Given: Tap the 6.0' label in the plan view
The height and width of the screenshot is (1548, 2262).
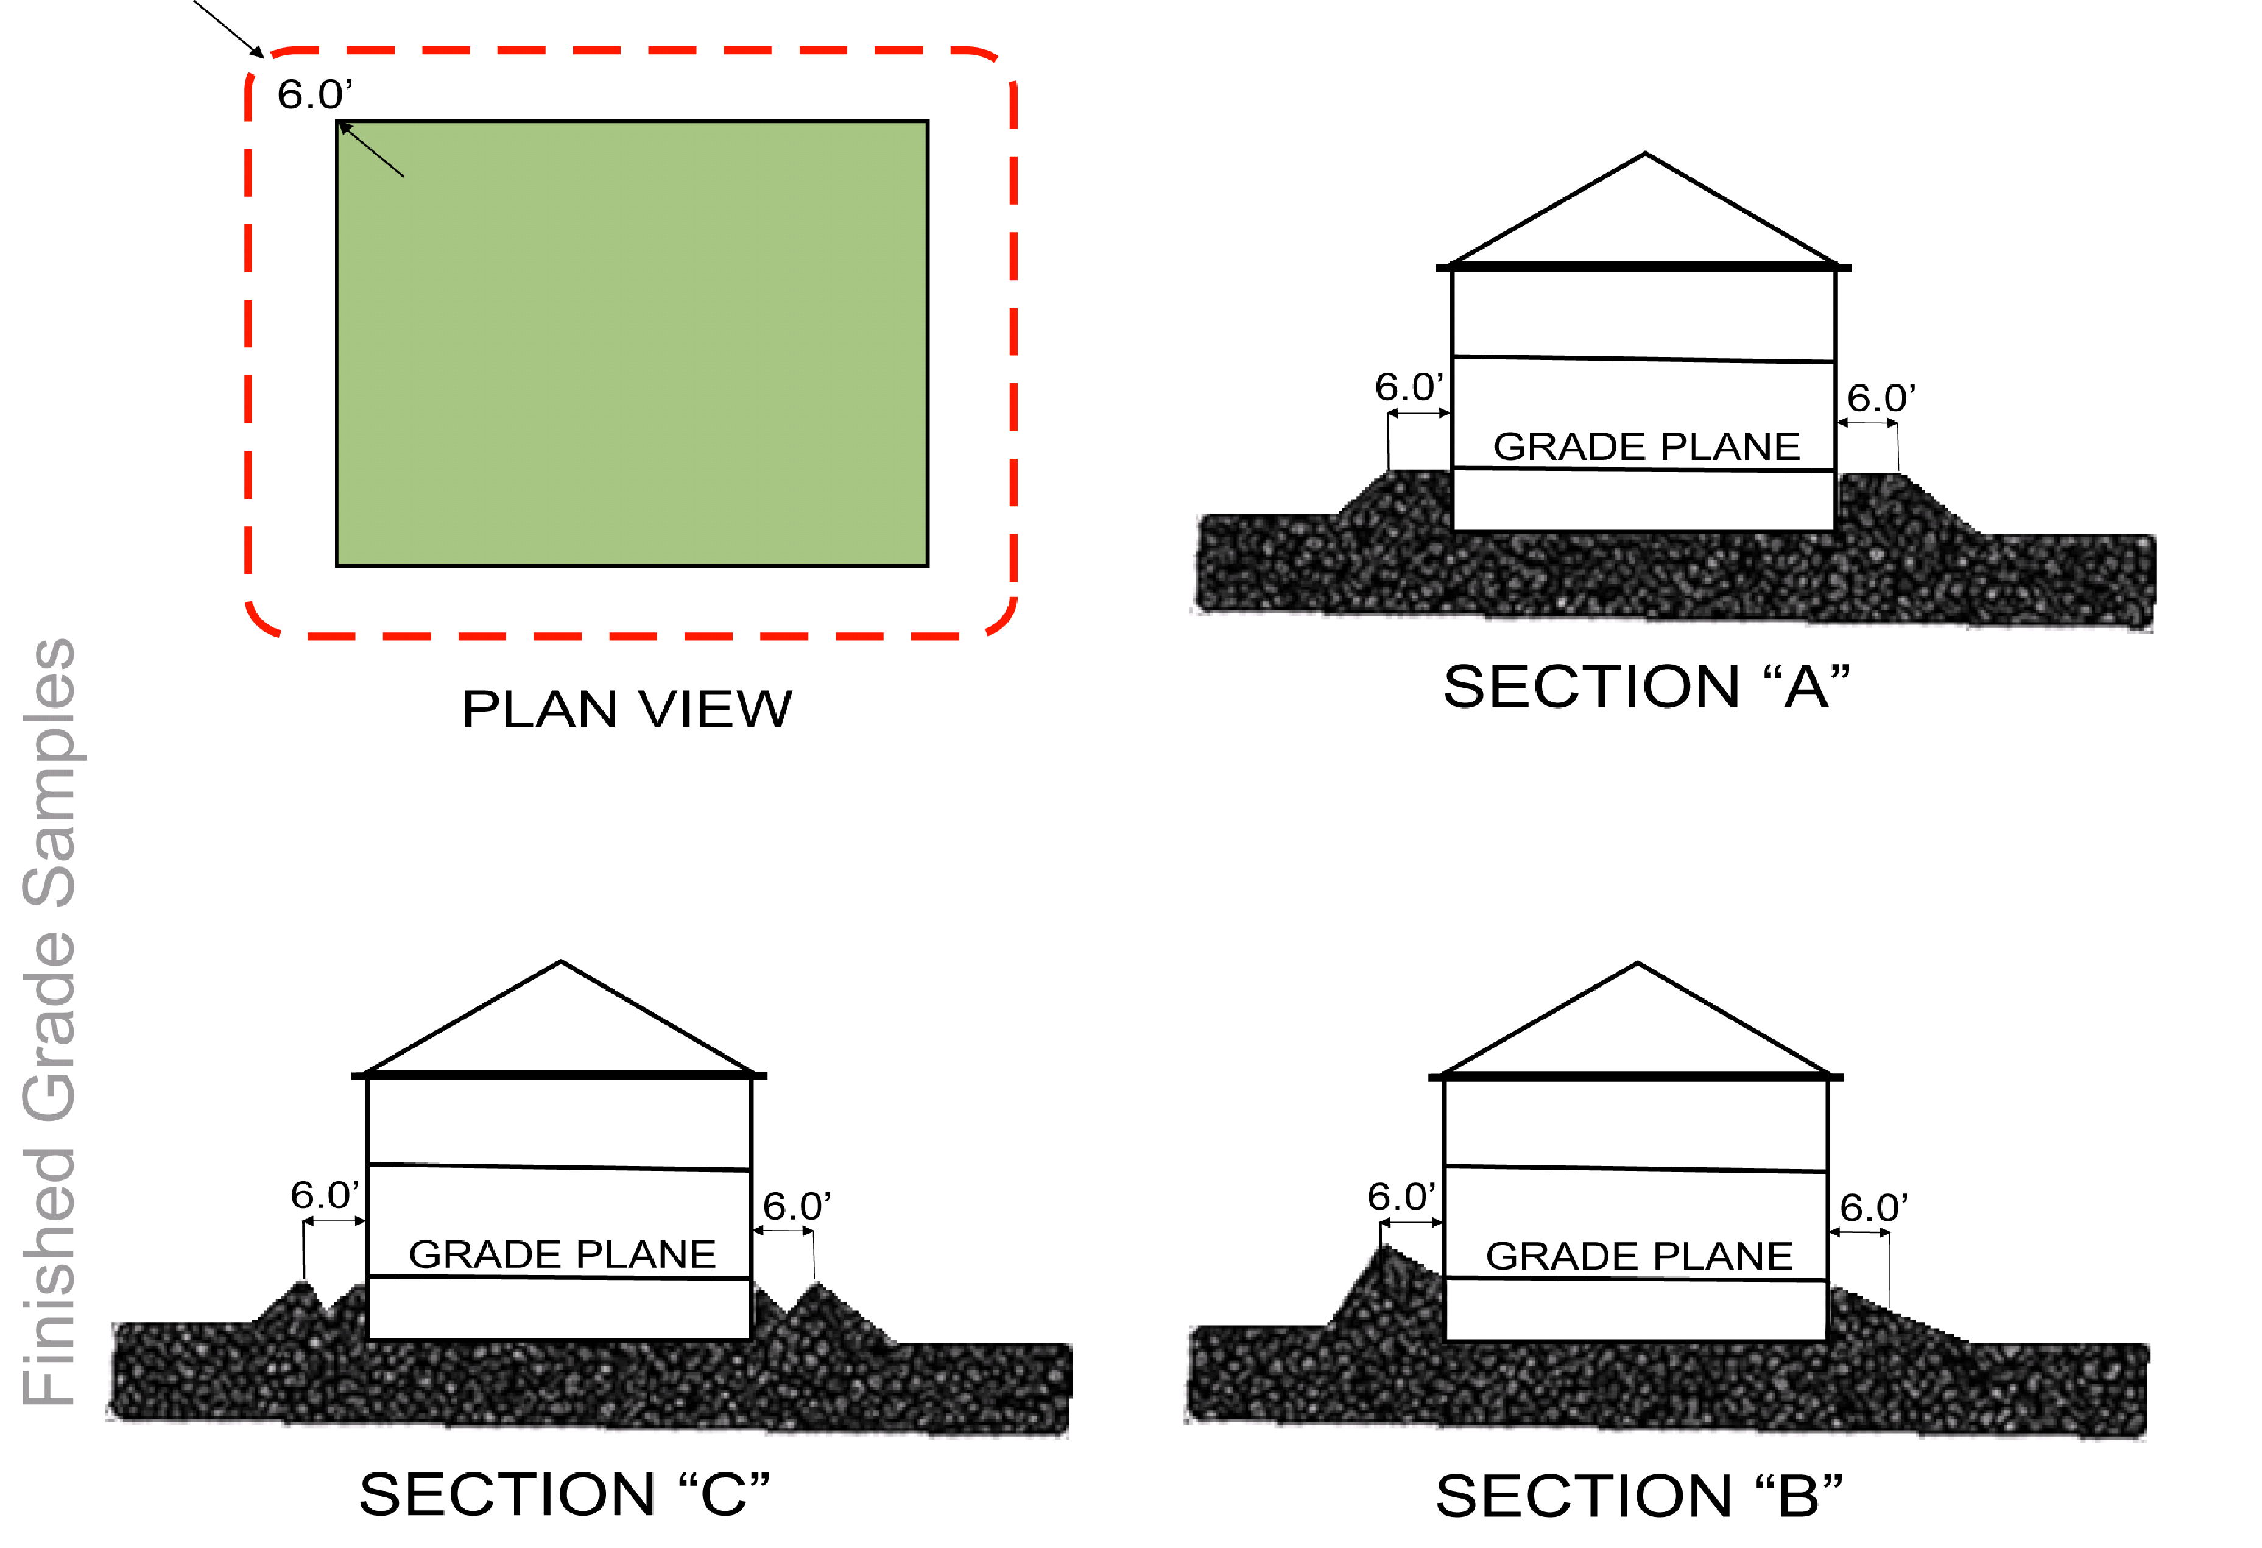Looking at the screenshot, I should tap(314, 94).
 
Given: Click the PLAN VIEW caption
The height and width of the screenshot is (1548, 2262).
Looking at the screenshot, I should tap(627, 708).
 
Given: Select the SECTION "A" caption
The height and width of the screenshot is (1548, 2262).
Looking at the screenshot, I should tap(1645, 687).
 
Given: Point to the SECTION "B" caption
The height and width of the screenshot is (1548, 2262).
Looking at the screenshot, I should tap(1638, 1496).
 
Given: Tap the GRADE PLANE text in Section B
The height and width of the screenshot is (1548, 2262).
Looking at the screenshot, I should tap(1638, 1256).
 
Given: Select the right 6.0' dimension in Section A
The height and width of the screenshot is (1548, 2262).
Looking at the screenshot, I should tap(1881, 398).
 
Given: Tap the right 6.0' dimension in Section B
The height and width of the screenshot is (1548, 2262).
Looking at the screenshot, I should tap(1873, 1208).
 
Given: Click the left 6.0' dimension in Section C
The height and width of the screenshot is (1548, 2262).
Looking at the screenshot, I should tap(323, 1195).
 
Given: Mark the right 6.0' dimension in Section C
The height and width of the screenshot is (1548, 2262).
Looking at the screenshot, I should tap(795, 1206).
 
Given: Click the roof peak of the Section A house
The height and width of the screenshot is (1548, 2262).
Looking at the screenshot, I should tap(1645, 155).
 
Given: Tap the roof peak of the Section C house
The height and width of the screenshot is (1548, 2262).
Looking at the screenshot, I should tap(561, 964).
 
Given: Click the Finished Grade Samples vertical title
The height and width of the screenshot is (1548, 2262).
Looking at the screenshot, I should tap(49, 1022).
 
